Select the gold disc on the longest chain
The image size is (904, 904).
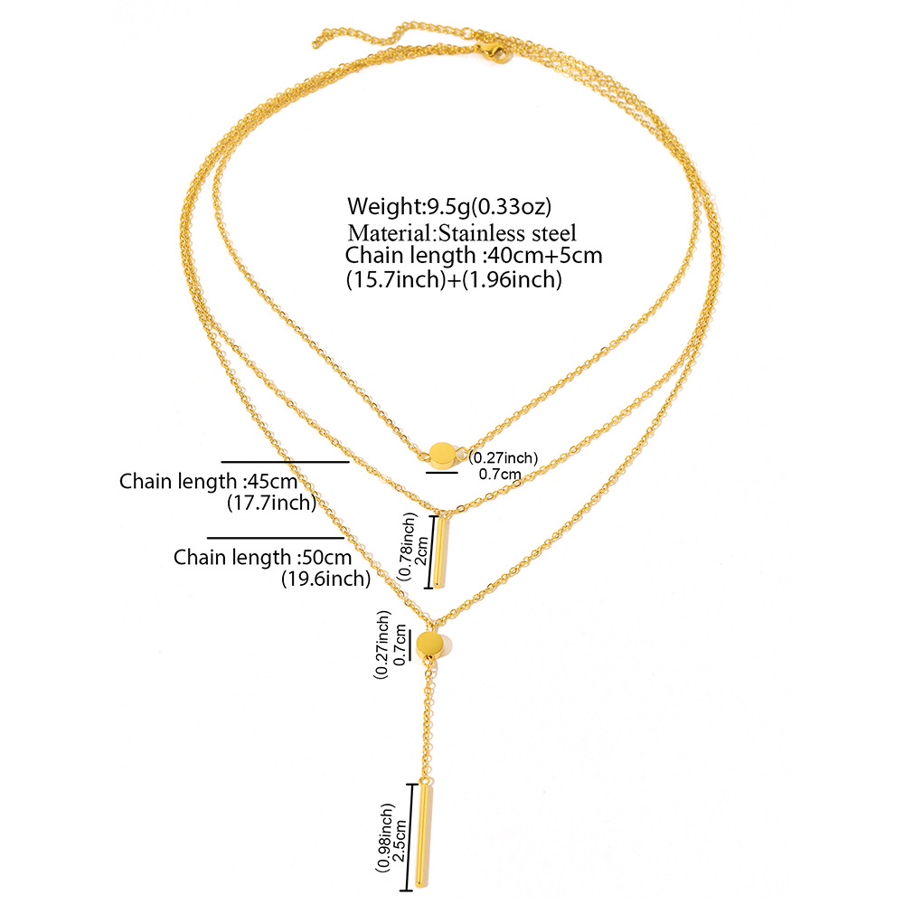pos(431,646)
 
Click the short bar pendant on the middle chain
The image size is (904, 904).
pos(440,551)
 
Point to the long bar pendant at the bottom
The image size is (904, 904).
pos(425,836)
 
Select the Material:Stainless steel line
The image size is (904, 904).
pos(461,232)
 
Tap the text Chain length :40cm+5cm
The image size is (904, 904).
pos(474,256)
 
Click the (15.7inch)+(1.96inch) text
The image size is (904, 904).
pos(454,280)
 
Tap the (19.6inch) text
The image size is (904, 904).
pos(325,579)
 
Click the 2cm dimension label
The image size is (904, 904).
pos(419,549)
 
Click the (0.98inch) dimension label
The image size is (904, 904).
pos(385,836)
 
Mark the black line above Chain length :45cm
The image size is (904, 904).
pos(285,462)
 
